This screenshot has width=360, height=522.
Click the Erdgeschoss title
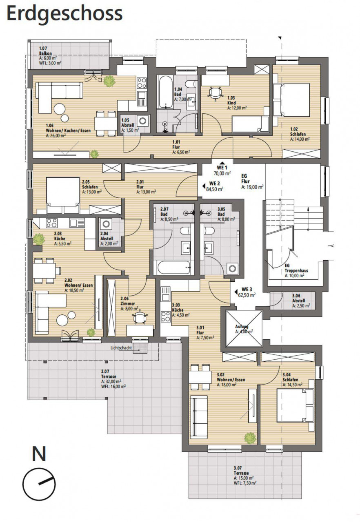pos(64,14)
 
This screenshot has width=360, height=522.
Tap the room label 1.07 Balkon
pos(46,51)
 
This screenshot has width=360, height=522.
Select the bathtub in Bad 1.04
pos(165,92)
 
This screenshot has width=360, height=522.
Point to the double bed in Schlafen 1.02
pos(292,100)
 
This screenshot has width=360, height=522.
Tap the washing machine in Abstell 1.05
pos(142,121)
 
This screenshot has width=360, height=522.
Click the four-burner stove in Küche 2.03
pos(52,223)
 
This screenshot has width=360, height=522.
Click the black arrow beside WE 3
pos(236,292)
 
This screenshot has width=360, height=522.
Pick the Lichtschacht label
pos(121,348)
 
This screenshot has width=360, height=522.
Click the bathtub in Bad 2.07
pos(174,268)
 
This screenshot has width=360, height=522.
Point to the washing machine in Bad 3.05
pos(232,268)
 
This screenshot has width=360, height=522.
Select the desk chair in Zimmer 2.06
pos(140,318)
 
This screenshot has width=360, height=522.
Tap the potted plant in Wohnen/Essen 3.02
pos(250,438)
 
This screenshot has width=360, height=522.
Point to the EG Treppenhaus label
pos(296,268)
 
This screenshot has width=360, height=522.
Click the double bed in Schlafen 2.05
pos(63,195)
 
